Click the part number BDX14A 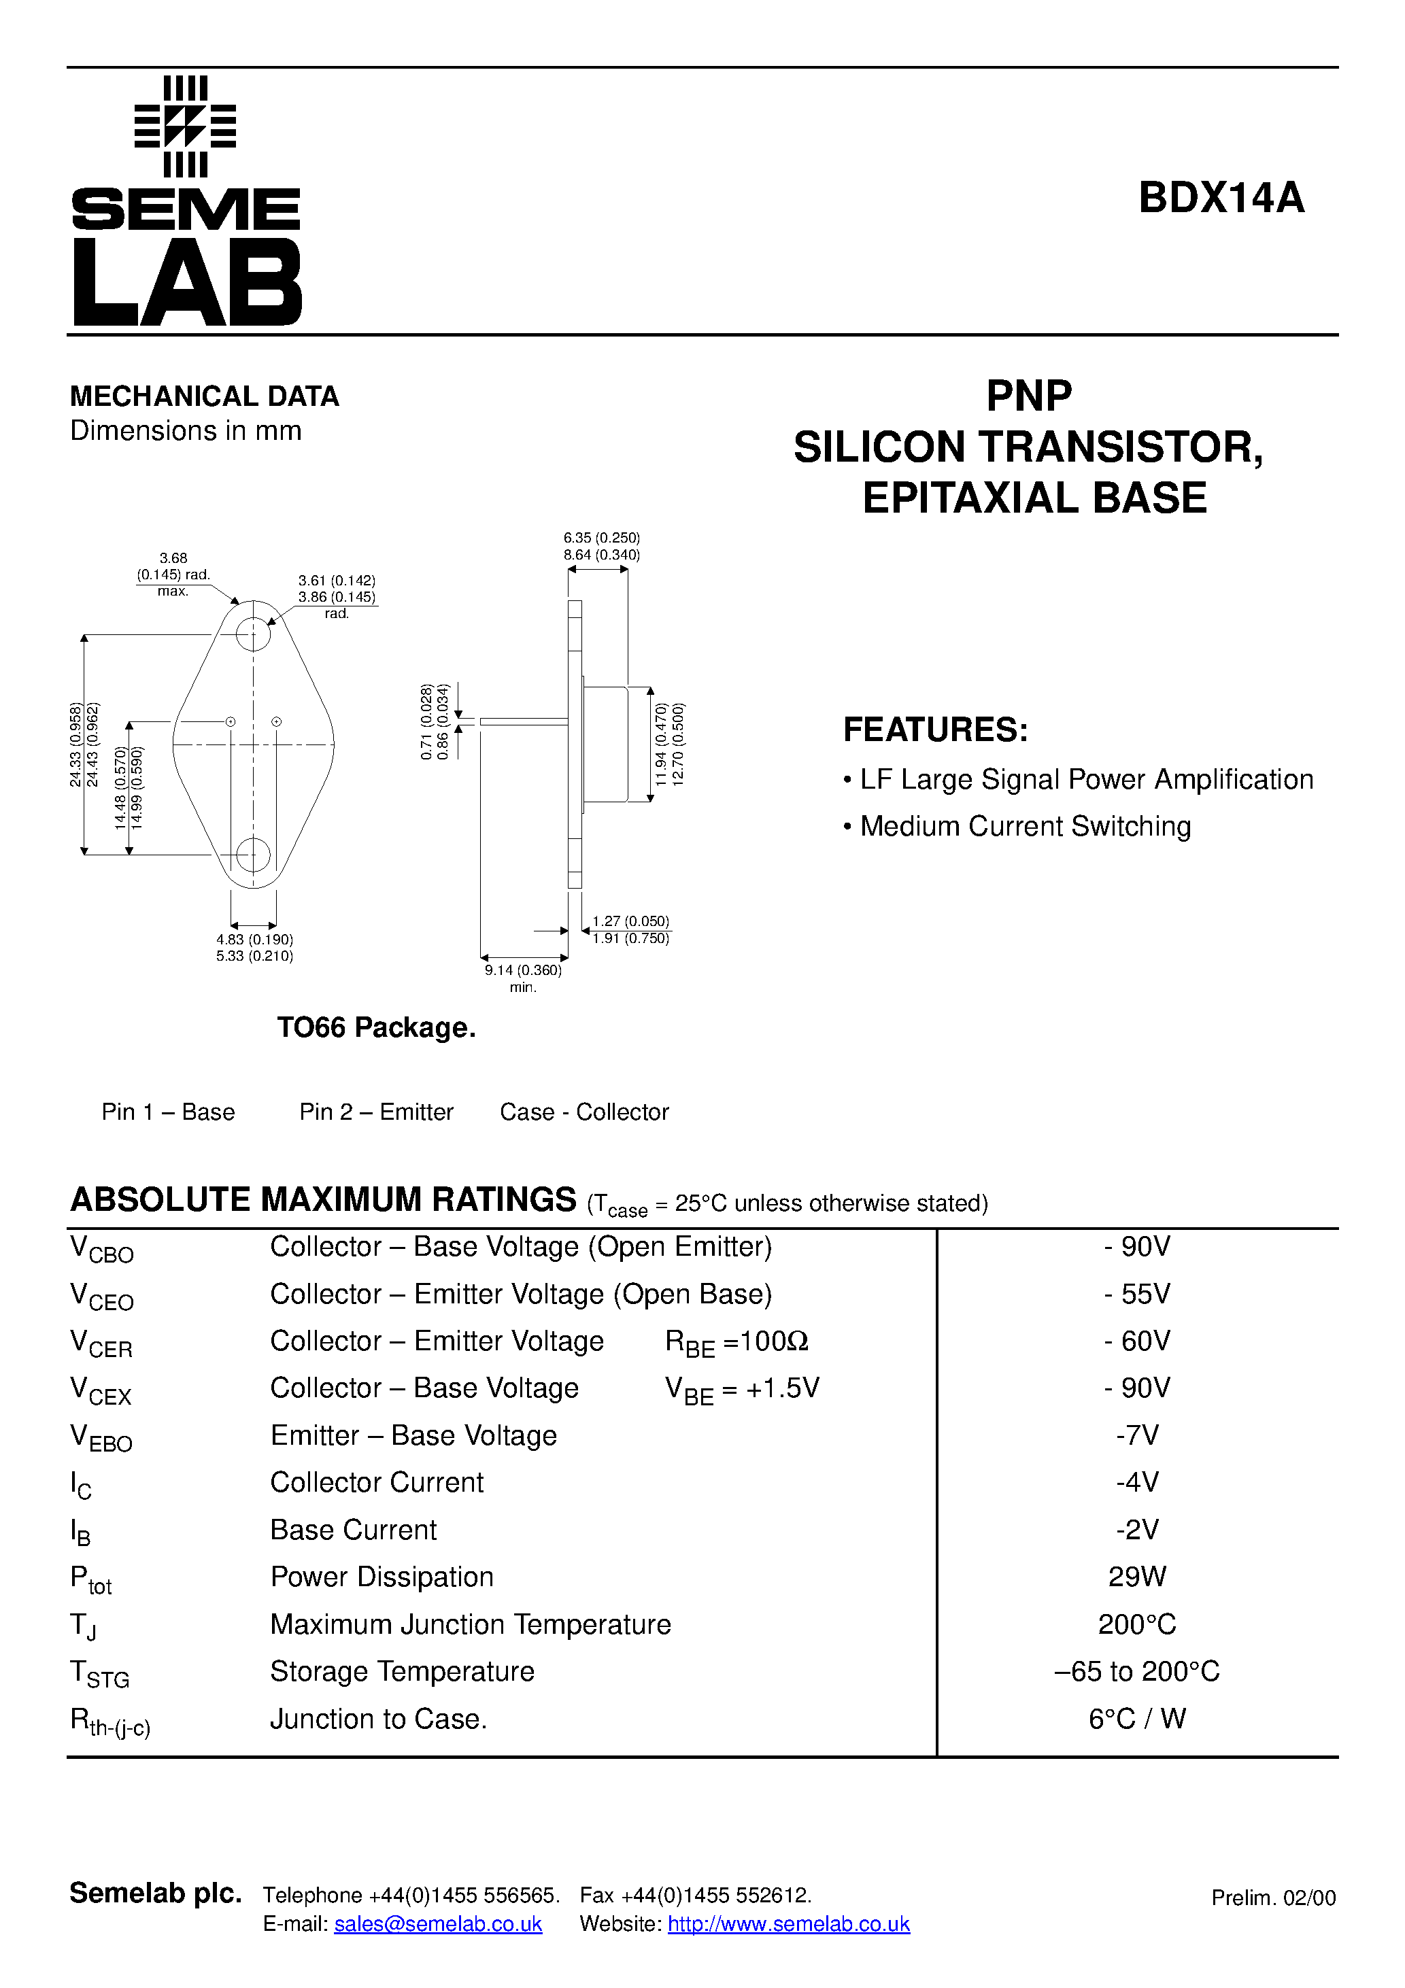(x=1221, y=197)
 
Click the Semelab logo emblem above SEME (x=186, y=126)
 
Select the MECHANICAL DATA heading (x=205, y=396)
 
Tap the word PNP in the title (x=1028, y=396)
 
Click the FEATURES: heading (x=936, y=730)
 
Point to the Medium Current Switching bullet (x=1024, y=826)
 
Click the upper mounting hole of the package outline (x=253, y=634)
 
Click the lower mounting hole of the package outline (x=253, y=855)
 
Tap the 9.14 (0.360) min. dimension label (x=523, y=978)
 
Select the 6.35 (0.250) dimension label (x=601, y=538)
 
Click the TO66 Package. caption (x=376, y=1028)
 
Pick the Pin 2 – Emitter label (x=376, y=1112)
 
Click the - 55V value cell (x=1136, y=1294)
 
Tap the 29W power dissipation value (x=1136, y=1577)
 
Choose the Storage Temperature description (x=402, y=1671)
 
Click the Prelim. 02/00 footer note (x=1272, y=1898)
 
